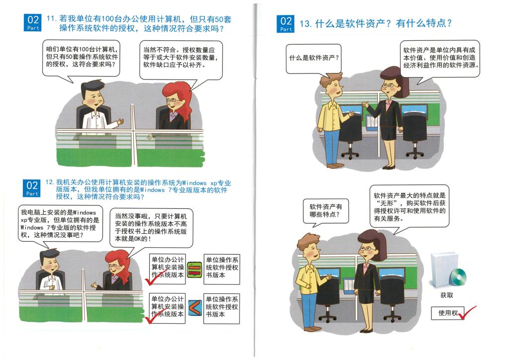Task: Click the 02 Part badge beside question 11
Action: (x=33, y=22)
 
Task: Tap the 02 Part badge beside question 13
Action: (x=286, y=24)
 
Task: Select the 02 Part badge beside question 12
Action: (x=32, y=188)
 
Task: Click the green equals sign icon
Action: (x=194, y=270)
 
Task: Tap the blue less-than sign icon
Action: (x=195, y=308)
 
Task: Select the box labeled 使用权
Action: (x=448, y=313)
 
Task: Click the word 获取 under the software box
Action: (x=446, y=295)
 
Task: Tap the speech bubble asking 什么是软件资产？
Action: (x=313, y=59)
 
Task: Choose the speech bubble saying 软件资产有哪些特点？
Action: (x=326, y=211)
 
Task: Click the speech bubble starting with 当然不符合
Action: (x=181, y=60)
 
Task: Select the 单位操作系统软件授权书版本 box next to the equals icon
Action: (x=222, y=270)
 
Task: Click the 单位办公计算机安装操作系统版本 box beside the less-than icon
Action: (x=167, y=308)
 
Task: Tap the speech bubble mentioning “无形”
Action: (x=410, y=206)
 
